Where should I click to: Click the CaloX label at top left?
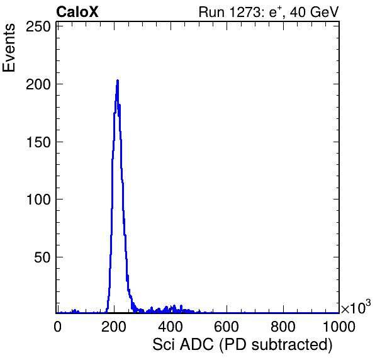(77, 12)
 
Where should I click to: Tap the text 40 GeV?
(314, 12)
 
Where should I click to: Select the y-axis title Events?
(9, 48)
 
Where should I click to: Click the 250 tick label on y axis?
(38, 27)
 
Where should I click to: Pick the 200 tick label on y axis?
(38, 84)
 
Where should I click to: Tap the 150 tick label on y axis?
(38, 142)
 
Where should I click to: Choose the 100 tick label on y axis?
(38, 200)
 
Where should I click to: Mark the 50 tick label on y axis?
(42, 257)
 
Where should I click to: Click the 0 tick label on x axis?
(58, 326)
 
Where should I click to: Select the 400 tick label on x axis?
(171, 326)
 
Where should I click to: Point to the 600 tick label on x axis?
(227, 326)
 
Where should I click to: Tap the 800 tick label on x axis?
(283, 326)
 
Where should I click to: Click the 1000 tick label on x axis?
(339, 326)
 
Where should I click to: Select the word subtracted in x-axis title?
(289, 345)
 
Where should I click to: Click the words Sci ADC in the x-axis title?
(183, 345)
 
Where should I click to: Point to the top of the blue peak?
(118, 81)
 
